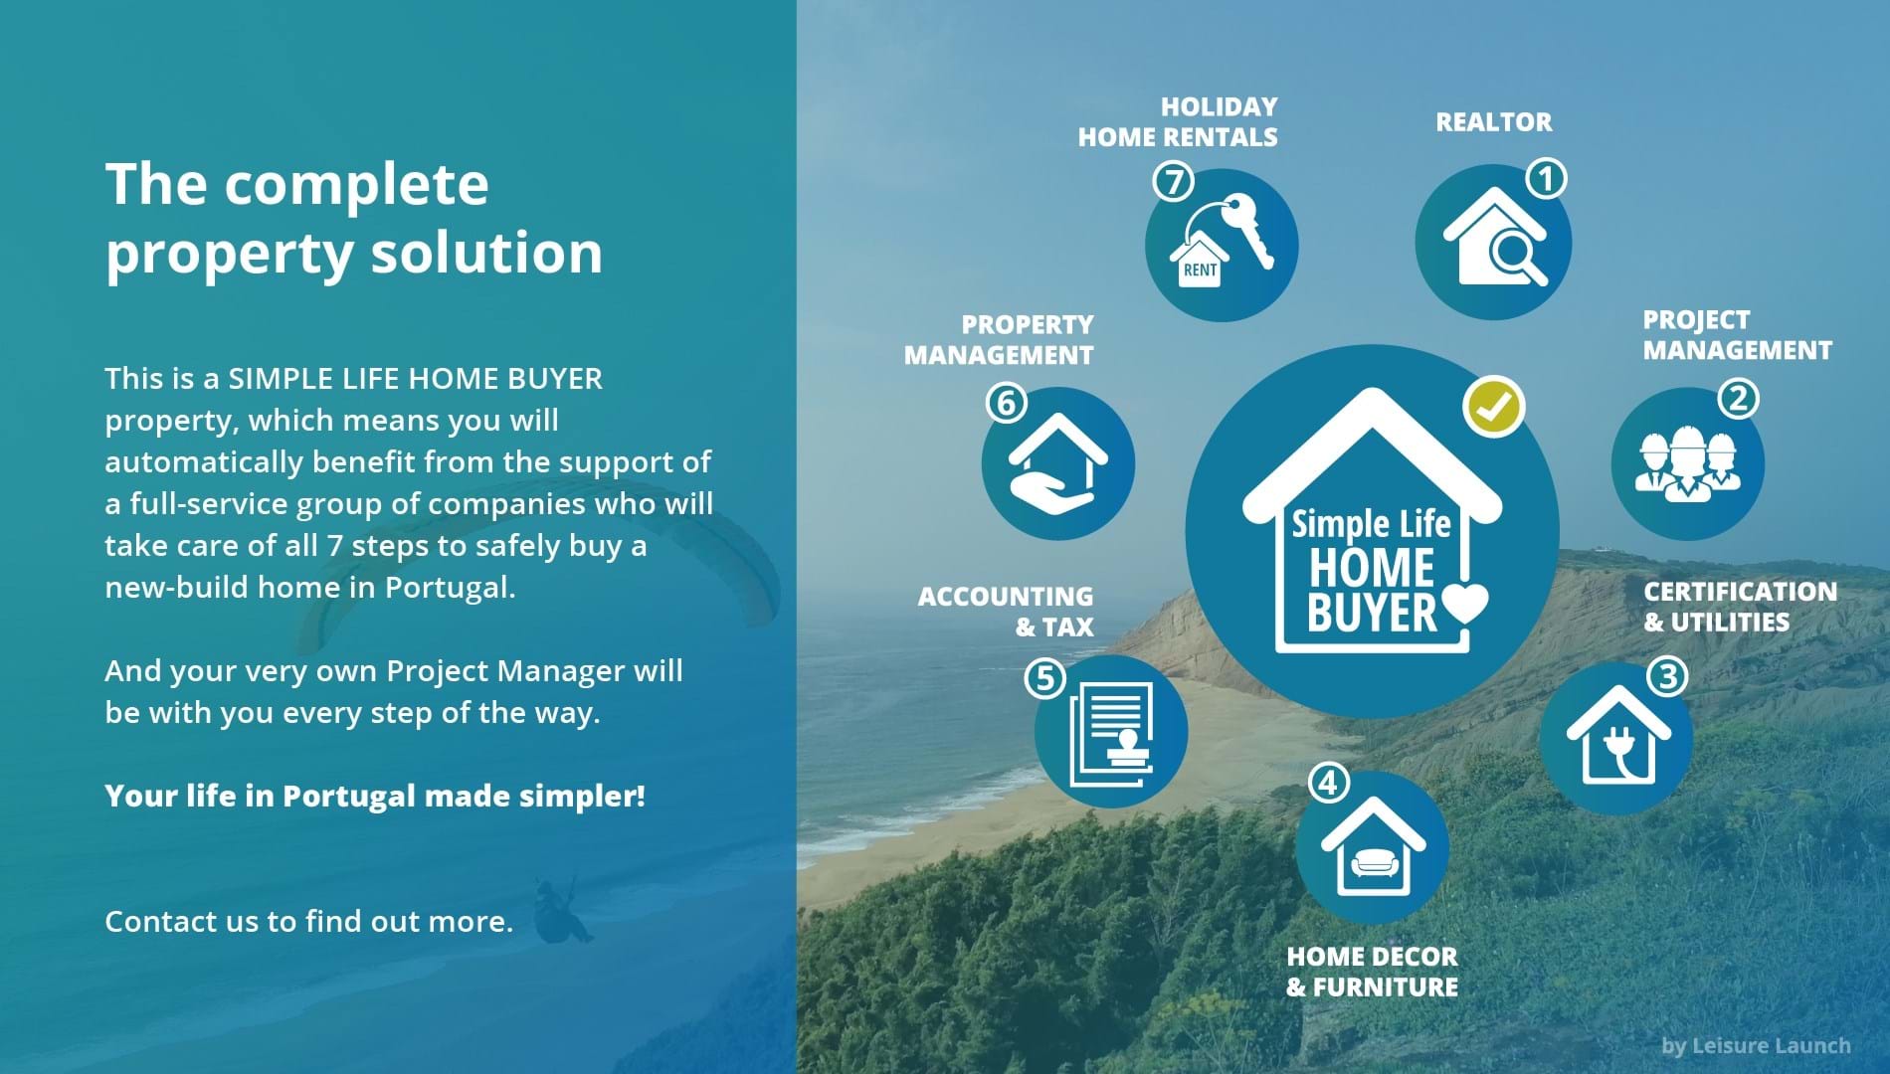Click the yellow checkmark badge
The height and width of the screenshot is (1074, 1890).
1494,406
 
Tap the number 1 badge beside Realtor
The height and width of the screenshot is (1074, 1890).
1546,179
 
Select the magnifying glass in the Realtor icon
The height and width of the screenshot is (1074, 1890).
1517,258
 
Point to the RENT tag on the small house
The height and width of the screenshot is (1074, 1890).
1200,268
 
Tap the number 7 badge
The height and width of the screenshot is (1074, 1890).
1174,182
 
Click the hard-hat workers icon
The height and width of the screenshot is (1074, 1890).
1687,464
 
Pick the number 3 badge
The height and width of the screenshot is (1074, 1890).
1668,677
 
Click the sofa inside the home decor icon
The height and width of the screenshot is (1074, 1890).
1374,862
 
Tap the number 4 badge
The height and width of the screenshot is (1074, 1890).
1328,783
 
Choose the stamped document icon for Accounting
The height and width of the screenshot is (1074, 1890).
1112,733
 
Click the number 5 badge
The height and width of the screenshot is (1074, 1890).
1045,678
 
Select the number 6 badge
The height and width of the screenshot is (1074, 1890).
1007,403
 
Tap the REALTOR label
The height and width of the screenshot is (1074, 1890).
1493,122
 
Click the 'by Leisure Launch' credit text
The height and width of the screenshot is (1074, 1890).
1756,1045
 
